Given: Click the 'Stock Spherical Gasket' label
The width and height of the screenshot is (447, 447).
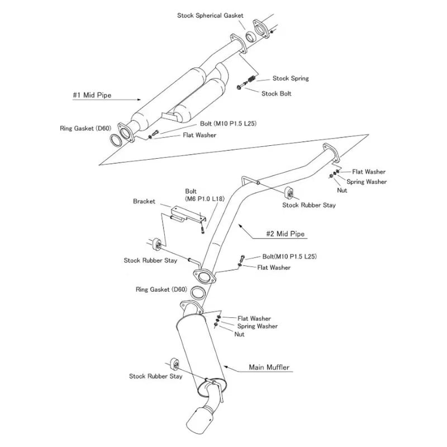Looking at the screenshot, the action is pos(210,16).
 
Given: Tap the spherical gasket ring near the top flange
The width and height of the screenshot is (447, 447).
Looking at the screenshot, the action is pos(250,37).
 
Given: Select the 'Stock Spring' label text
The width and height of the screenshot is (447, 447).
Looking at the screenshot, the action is pos(291,78).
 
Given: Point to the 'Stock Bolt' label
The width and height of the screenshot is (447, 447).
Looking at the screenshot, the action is pos(276,93).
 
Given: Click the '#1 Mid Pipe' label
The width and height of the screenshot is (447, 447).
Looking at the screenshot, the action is pos(92,95).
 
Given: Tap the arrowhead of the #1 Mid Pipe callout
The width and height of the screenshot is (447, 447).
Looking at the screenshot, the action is pos(139,99).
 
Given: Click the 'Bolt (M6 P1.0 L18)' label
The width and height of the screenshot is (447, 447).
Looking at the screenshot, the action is pos(205,195).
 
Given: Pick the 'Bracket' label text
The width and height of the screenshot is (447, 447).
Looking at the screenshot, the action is pos(144,201).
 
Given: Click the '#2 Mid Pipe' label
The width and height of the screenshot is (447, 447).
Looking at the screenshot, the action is pos(286,234).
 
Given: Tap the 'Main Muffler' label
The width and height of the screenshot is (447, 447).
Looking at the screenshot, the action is pos(269,367).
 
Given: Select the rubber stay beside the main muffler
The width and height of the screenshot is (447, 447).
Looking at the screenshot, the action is pos(175,364).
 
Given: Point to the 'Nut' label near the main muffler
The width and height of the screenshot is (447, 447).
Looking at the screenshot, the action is pos(239,334).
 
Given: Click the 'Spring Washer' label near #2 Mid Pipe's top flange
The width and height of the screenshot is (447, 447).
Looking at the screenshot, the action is pos(367,182).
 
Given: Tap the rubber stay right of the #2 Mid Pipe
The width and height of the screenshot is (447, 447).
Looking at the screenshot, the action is pos(289,193).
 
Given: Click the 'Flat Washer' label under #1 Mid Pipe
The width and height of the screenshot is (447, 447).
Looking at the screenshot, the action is pos(199,135).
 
